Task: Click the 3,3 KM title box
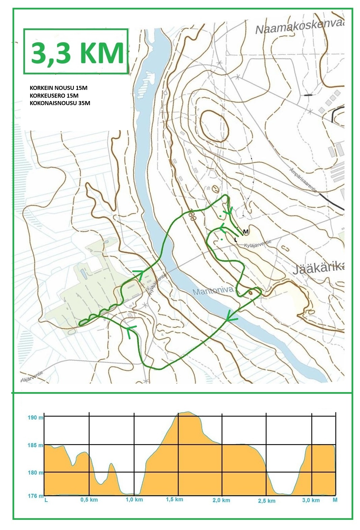(76, 51)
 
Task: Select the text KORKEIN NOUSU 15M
(58, 88)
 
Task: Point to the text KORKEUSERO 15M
(54, 96)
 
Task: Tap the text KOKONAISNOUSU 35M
(60, 103)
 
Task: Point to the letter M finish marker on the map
(246, 232)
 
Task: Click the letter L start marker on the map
(235, 239)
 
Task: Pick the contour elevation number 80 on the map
(193, 216)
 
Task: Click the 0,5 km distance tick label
(89, 500)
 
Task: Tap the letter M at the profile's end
(335, 500)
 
